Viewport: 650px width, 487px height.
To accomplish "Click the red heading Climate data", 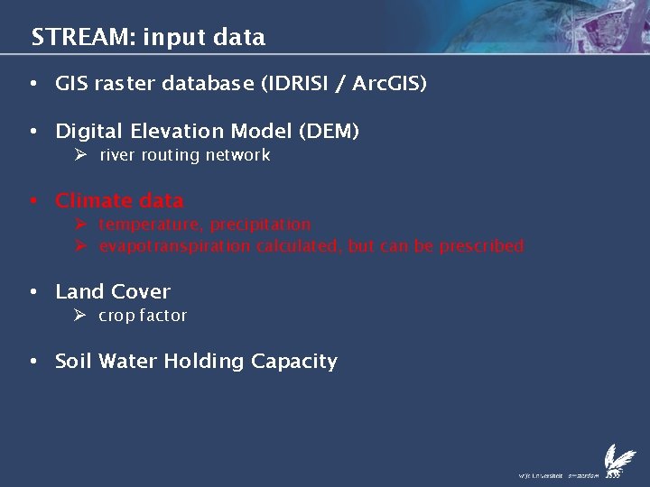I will coord(119,200).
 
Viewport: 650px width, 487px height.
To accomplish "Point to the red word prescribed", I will coord(481,246).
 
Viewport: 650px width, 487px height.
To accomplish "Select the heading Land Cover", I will coord(113,291).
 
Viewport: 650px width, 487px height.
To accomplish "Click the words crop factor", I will coord(143,316).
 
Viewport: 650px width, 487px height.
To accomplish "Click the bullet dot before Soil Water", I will coord(33,362).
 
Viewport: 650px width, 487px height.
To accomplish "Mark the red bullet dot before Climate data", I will coord(33,200).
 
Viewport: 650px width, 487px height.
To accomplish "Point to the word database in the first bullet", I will coord(207,84).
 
